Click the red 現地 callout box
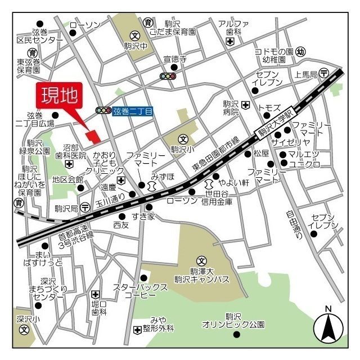click(x=59, y=95)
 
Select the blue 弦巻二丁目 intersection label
click(x=133, y=111)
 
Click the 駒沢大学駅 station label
click(x=276, y=123)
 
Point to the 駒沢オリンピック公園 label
click(x=233, y=321)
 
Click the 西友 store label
click(x=120, y=224)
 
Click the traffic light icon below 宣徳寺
click(x=168, y=75)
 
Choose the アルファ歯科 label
click(x=233, y=28)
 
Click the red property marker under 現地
click(x=92, y=136)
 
